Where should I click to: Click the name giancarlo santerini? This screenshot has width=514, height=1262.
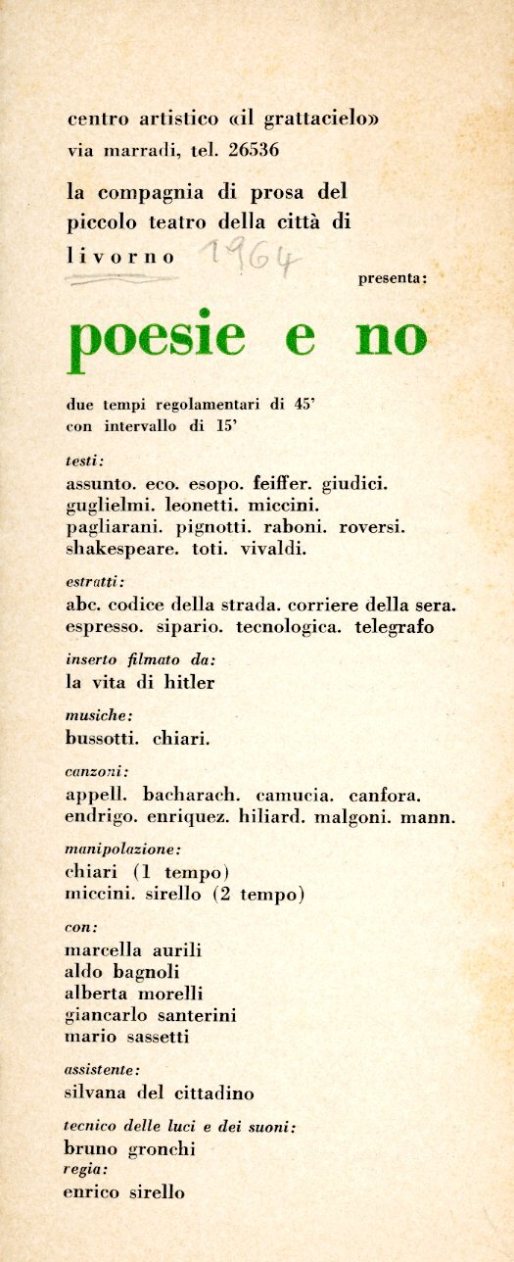tap(150, 1014)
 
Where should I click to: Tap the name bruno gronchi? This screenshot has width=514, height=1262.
tap(129, 1148)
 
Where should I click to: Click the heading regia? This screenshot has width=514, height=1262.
tap(85, 1170)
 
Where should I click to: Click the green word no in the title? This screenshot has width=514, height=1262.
tap(392, 338)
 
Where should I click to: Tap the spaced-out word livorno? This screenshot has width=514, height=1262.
tap(120, 257)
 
